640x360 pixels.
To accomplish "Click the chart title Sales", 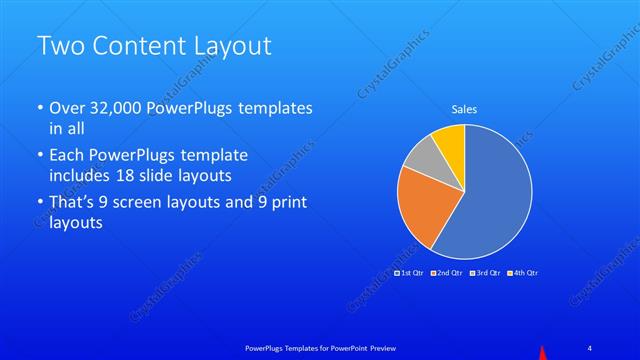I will [463, 109].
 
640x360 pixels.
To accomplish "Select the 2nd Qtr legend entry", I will [447, 273].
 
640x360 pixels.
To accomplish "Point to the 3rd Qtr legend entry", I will [485, 273].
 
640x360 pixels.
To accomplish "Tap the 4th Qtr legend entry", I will [523, 273].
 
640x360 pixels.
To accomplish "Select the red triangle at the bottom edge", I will [543, 352].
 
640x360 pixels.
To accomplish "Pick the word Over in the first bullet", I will [66, 109].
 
